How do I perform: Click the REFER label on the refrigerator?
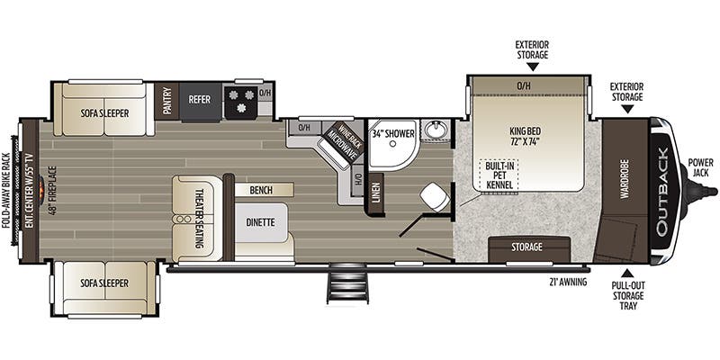[199, 100]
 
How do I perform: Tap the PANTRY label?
[166, 101]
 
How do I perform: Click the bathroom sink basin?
[435, 130]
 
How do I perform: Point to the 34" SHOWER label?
[392, 133]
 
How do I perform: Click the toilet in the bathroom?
[435, 197]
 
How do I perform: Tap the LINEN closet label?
[376, 194]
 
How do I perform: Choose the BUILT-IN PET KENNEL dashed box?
[499, 175]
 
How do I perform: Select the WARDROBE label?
[624, 179]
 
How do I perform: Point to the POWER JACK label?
[701, 167]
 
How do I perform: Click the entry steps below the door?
[347, 283]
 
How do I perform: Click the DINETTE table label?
[260, 222]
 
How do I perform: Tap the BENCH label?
[261, 190]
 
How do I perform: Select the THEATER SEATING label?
[199, 219]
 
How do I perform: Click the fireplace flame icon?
[41, 187]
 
